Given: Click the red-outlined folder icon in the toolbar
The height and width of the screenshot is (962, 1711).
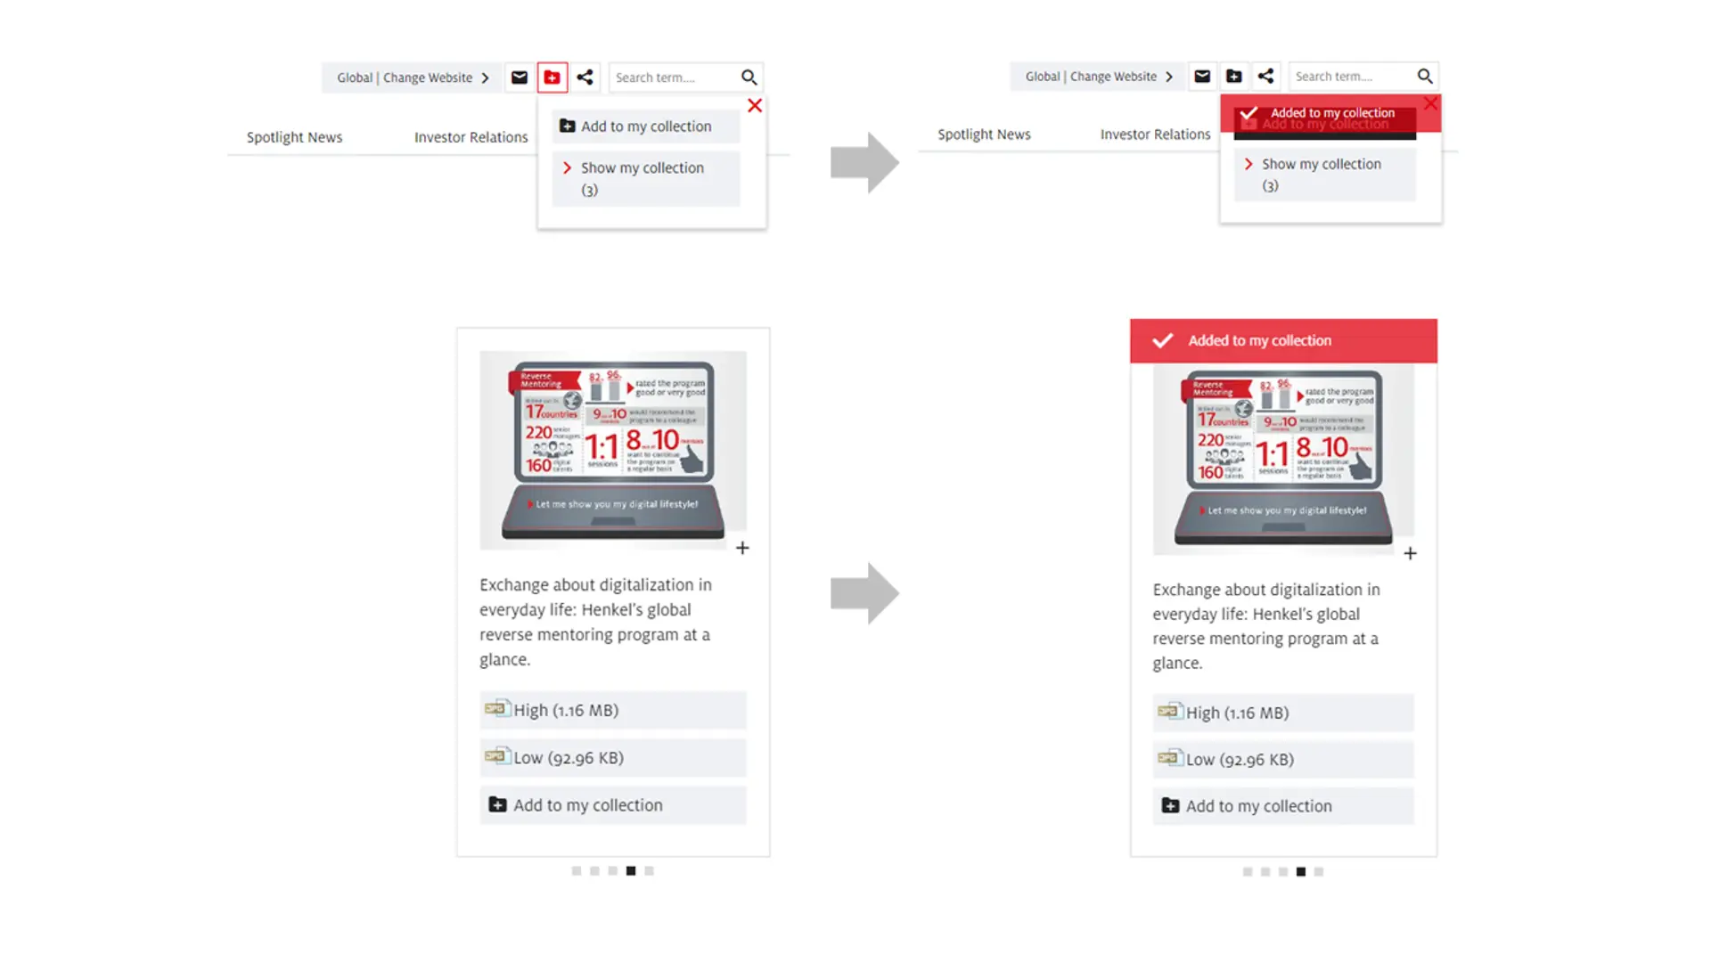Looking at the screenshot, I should pos(553,77).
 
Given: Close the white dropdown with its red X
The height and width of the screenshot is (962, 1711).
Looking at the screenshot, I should pos(755,106).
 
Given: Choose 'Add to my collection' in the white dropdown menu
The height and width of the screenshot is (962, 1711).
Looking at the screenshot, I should pos(645,126).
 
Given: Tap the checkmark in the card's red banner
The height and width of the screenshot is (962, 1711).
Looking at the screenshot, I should pos(1162,341).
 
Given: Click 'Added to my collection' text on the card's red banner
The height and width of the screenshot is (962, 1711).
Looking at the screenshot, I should pos(1259,341).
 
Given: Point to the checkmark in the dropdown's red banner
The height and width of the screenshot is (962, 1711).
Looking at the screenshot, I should pos(1248,114).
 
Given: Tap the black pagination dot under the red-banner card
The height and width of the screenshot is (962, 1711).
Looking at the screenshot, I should pos(1301,872).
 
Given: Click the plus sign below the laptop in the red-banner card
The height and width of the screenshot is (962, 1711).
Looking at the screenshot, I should pos(1410,554).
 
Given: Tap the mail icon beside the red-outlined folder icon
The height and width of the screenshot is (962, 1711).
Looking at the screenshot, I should pos(520,77).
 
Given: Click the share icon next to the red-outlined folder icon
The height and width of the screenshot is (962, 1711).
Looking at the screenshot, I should pos(585,77).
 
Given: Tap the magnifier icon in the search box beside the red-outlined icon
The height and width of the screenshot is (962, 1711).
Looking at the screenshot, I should pos(749,77).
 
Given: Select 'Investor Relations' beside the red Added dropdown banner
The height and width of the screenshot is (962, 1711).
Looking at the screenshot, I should pos(1155,135).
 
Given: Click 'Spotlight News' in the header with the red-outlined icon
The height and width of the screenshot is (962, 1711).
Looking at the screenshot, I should pos(294,137).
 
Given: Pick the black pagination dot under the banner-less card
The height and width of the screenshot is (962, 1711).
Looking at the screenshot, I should pos(631,871).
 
